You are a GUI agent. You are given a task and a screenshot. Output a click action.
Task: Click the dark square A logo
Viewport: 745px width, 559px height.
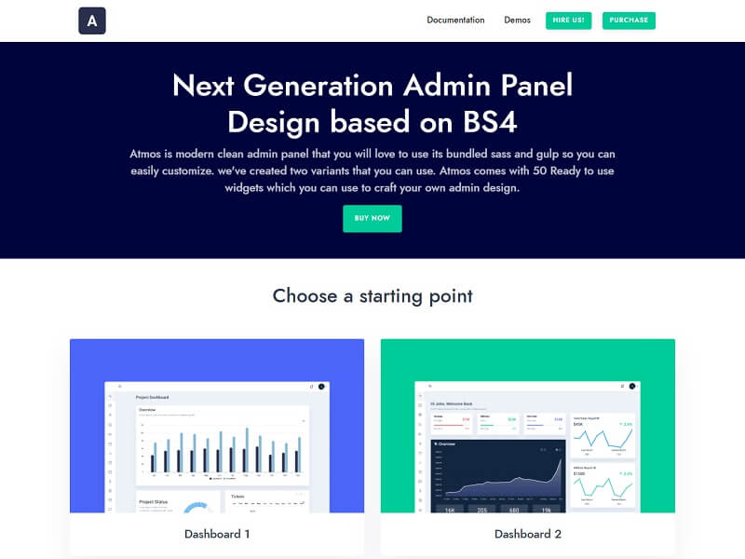[x=92, y=20]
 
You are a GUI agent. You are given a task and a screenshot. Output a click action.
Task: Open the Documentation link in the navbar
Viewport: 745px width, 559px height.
[x=455, y=20]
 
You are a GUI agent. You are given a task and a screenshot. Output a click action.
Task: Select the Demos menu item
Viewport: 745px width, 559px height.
[x=517, y=20]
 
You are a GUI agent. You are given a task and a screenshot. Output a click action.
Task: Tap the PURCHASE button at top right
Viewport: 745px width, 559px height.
[x=629, y=20]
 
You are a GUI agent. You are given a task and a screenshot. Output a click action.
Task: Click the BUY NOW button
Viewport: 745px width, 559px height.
[x=372, y=218]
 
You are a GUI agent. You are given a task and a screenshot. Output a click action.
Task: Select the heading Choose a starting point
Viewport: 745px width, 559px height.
[x=372, y=296]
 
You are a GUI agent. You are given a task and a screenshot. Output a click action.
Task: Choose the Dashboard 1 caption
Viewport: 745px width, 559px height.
[x=217, y=534]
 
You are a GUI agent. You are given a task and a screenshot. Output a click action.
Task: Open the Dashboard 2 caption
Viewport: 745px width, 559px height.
[x=528, y=534]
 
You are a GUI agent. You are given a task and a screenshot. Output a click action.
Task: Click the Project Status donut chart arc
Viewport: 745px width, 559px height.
[x=195, y=508]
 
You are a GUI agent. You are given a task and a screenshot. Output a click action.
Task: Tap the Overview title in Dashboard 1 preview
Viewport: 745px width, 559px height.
[x=148, y=410]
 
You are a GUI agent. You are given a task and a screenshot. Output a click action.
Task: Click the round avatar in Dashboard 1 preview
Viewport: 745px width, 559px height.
[x=320, y=386]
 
